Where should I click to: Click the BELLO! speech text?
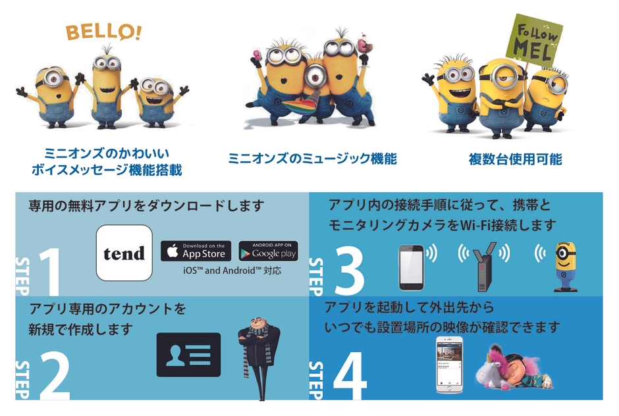coord(103,32)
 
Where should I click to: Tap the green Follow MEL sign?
coord(535,40)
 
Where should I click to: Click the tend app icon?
coord(124,253)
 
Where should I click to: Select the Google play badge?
coord(269,251)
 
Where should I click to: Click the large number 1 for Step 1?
coord(50,272)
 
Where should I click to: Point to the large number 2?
coord(55,375)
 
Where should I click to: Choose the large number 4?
coord(350,375)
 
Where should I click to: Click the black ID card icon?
coord(188,354)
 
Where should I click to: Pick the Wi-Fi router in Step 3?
coord(485,267)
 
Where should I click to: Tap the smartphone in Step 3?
coord(412,268)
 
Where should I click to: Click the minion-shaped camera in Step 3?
coord(565,267)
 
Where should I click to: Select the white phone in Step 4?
coord(449,364)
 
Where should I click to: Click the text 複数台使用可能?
coord(515,159)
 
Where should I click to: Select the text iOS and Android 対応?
coord(232,271)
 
